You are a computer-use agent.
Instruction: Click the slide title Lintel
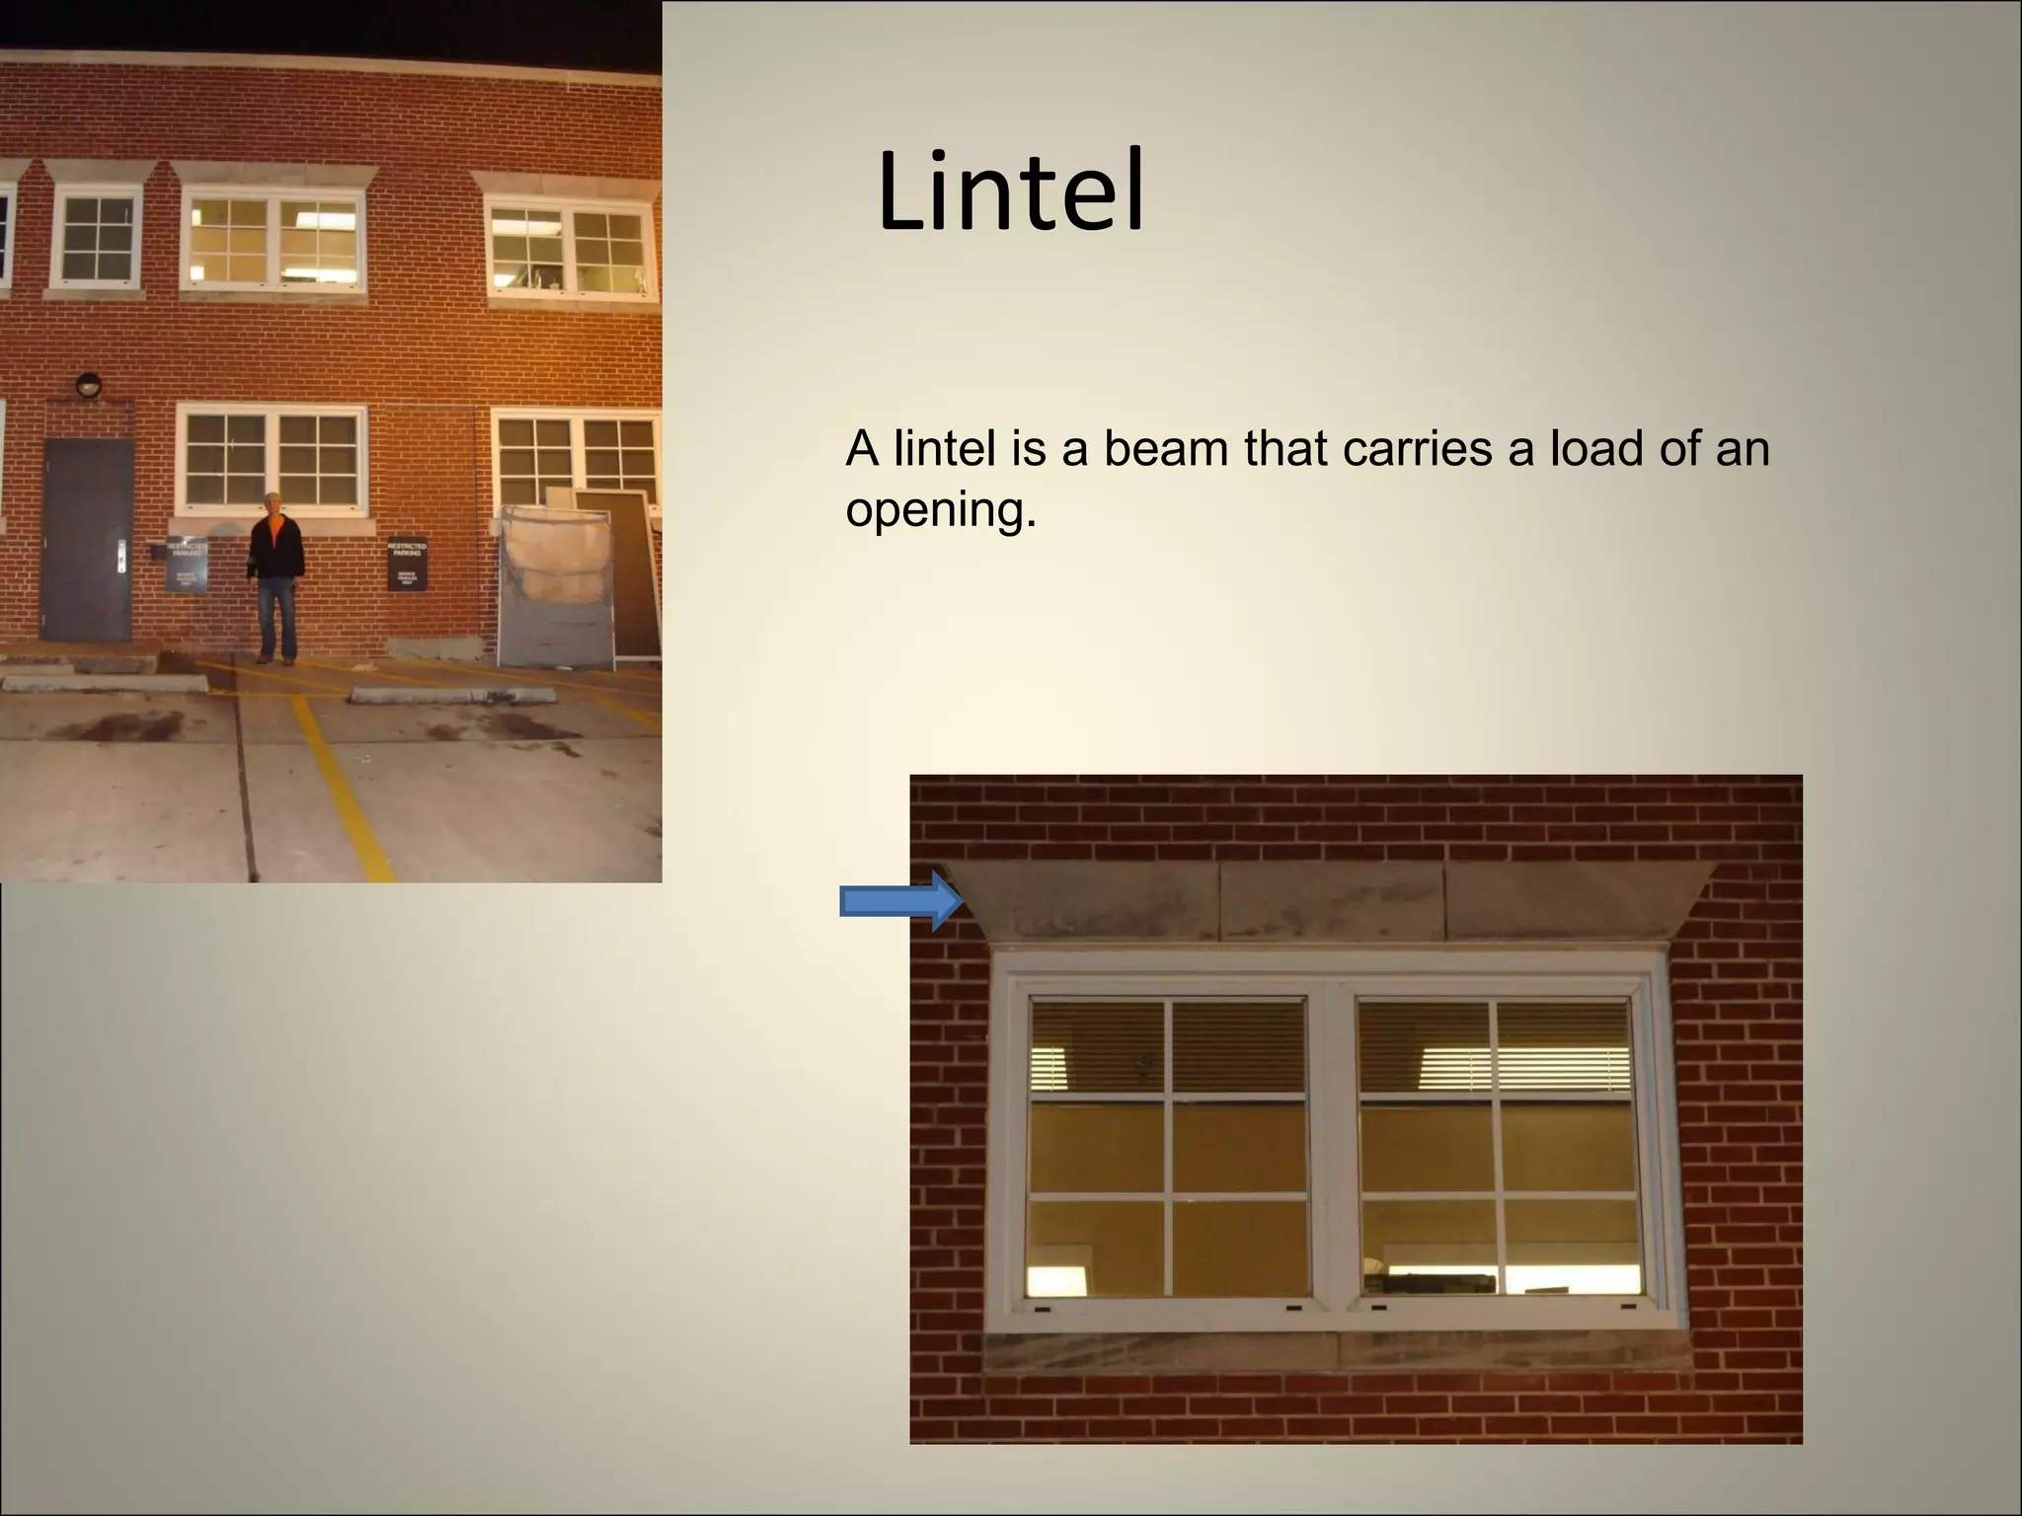click(1010, 191)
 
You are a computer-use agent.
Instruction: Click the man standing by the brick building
click(275, 576)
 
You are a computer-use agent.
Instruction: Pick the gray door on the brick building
click(87, 539)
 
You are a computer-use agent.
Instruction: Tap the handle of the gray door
click(121, 557)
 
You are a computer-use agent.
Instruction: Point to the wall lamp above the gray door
click(89, 385)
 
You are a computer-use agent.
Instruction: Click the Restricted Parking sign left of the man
click(187, 566)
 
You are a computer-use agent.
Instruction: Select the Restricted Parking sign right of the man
click(407, 565)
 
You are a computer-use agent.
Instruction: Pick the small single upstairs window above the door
click(96, 240)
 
